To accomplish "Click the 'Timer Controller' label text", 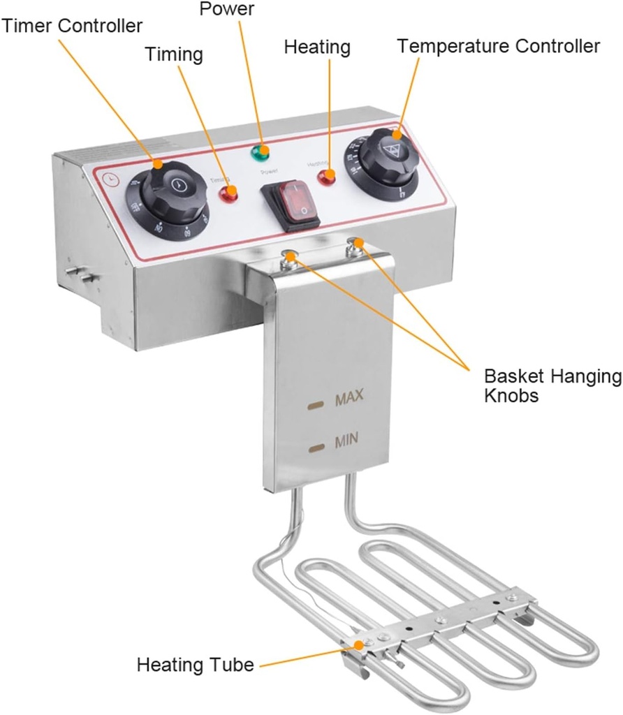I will click(x=73, y=26).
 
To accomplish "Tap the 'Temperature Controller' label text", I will click(x=499, y=46).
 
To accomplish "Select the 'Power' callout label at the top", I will click(x=227, y=9).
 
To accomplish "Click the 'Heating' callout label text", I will click(x=317, y=47).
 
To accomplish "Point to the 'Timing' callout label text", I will click(x=174, y=54).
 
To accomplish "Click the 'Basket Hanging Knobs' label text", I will click(x=552, y=386).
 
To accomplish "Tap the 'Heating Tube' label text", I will click(x=195, y=664).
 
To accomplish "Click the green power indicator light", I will click(x=263, y=151).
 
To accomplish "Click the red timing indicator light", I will click(x=228, y=195).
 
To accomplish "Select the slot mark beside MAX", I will click(x=316, y=404).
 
